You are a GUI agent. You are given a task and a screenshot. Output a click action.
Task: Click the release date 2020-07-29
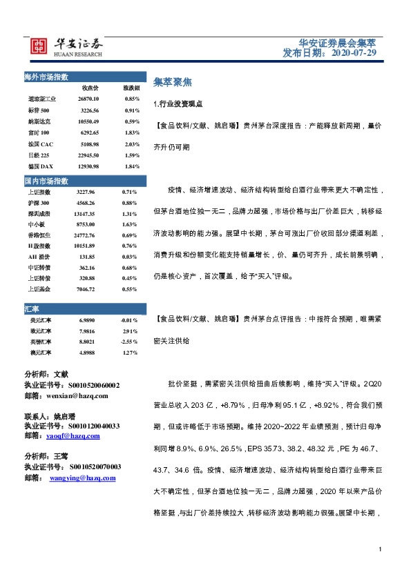point(354,52)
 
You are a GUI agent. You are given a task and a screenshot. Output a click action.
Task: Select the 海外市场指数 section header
point(51,76)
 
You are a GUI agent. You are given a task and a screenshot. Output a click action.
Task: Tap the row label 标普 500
point(39,110)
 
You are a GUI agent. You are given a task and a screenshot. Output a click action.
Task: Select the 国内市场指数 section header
point(51,181)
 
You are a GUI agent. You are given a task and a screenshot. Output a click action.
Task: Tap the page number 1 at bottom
point(381,549)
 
